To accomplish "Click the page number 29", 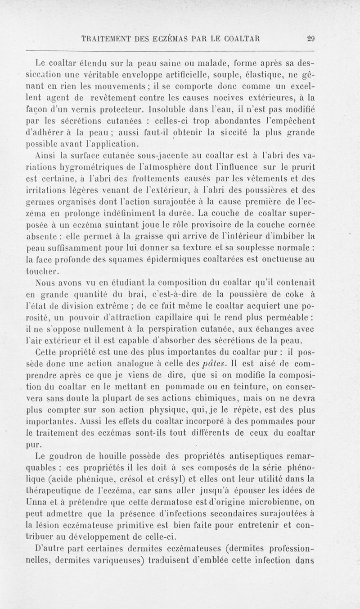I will pos(308,38).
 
